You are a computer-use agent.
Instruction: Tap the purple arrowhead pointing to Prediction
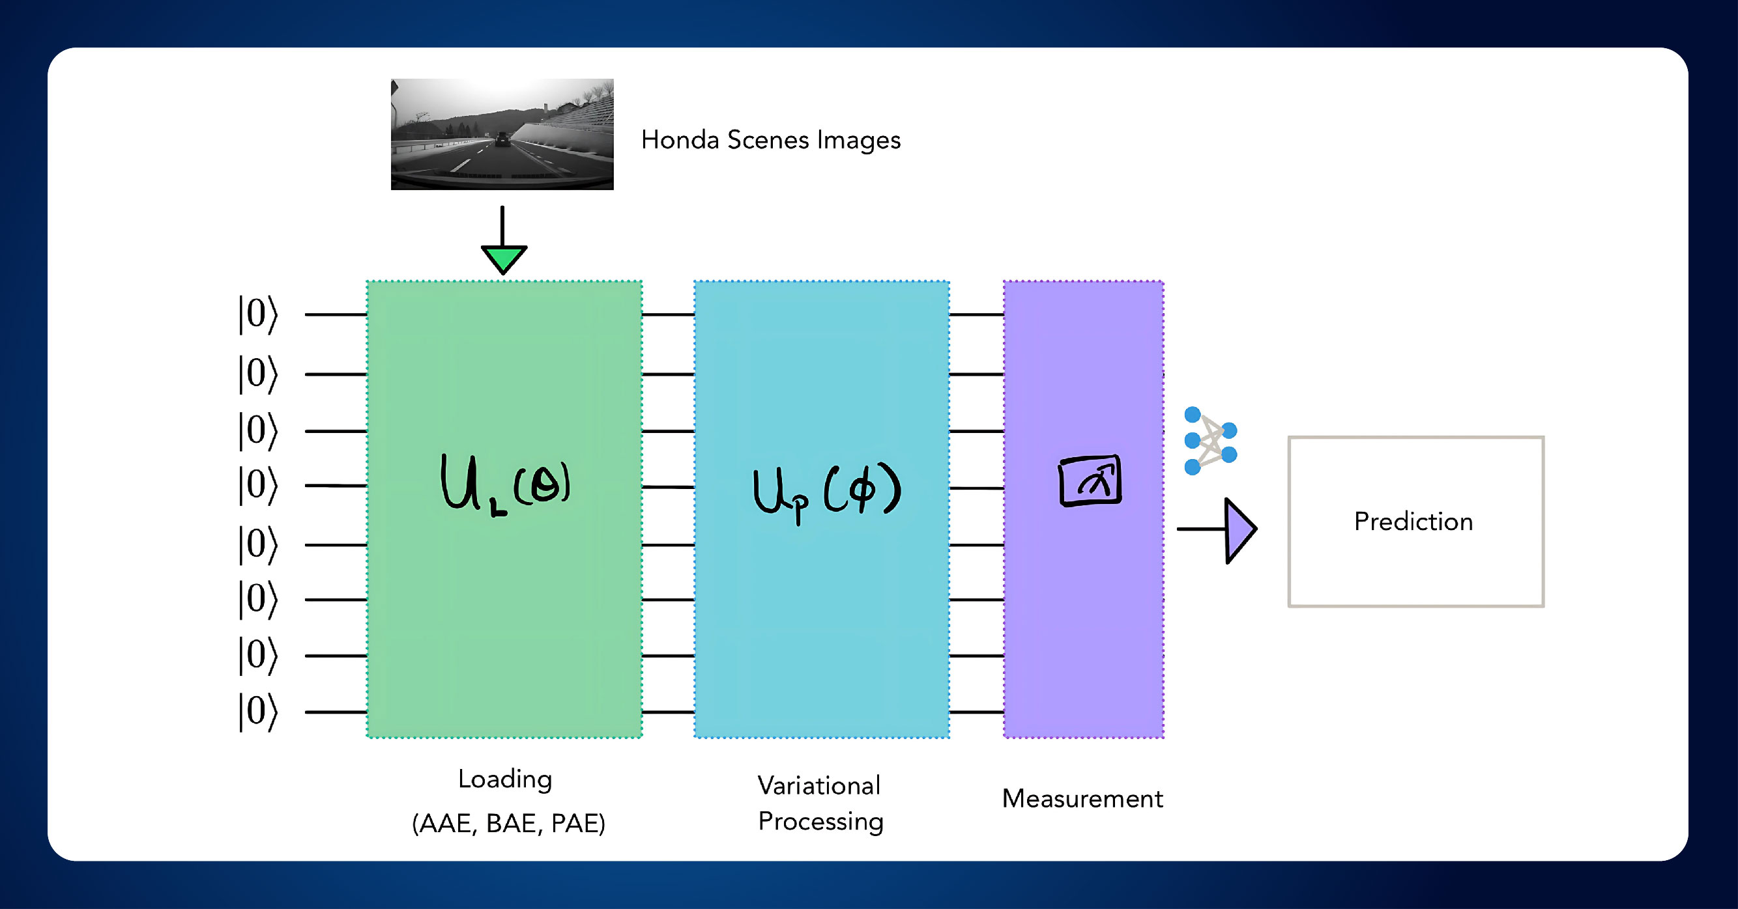pos(1239,530)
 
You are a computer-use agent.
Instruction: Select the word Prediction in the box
pos(1413,522)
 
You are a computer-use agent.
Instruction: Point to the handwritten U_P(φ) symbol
pos(826,492)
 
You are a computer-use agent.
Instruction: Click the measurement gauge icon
pos(1090,480)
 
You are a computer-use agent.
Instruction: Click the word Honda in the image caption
pos(680,140)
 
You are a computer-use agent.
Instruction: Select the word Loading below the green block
pos(504,779)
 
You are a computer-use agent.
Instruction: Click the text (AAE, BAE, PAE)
pos(508,823)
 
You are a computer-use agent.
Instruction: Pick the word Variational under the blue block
pos(818,785)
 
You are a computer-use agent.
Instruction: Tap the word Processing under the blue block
pos(820,821)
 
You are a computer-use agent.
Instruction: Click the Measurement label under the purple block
pos(1082,798)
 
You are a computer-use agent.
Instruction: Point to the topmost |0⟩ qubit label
pos(257,315)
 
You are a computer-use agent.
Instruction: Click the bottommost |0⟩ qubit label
pos(257,712)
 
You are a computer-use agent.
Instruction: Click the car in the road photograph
pos(501,139)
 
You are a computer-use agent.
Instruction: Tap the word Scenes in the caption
pos(768,140)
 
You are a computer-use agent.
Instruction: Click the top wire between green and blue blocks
pos(668,315)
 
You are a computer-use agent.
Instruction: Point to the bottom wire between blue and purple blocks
pos(976,712)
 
